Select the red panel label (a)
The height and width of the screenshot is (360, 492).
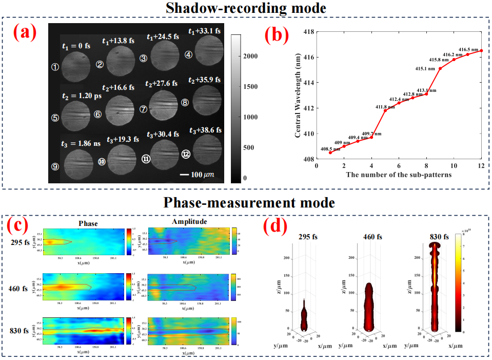coord(25,32)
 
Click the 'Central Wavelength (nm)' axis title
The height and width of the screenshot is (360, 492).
coord(298,95)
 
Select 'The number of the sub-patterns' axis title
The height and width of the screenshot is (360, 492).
coord(399,176)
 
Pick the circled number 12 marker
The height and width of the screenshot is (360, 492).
coord(186,154)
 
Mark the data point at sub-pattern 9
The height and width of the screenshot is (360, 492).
coord(440,68)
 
